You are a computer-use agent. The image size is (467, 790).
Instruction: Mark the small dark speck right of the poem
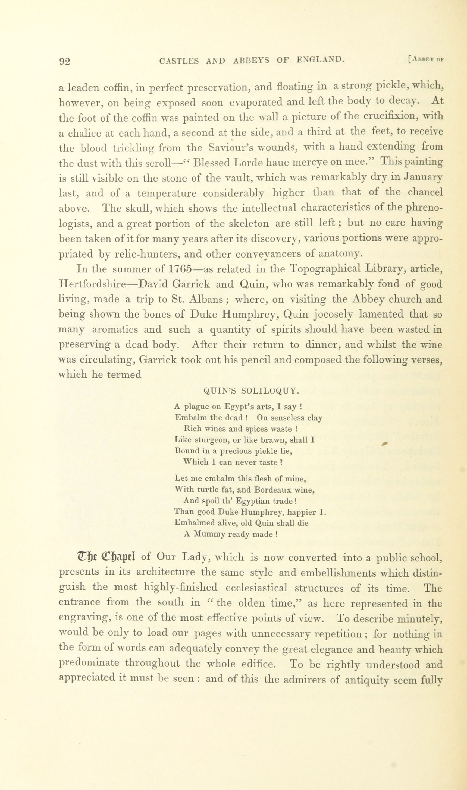(x=384, y=443)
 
